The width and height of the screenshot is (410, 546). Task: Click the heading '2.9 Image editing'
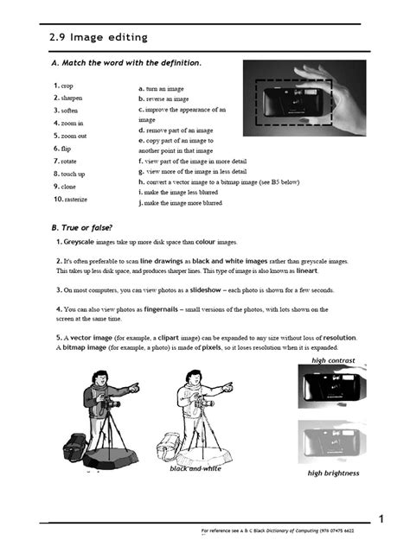coord(98,37)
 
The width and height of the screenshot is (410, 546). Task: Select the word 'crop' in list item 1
coord(67,86)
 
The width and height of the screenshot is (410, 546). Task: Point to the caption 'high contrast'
coord(333,360)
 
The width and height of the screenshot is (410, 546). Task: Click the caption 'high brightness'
coord(333,473)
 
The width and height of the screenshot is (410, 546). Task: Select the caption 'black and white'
coord(195,468)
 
